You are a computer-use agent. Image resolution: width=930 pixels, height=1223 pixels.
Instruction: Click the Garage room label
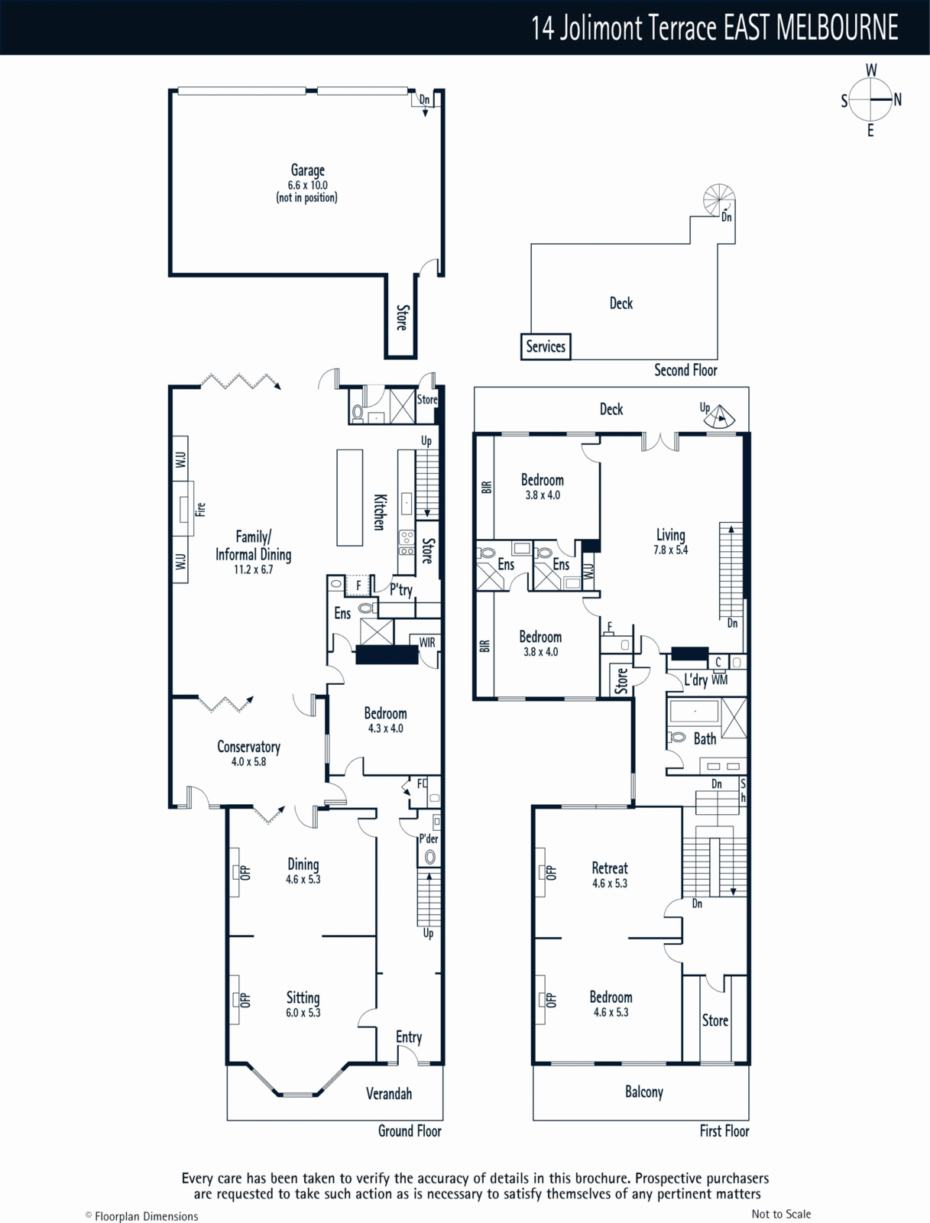tap(307, 170)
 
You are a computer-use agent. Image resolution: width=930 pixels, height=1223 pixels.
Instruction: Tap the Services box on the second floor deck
tap(546, 346)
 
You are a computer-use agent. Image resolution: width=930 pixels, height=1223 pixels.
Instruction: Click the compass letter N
tap(897, 99)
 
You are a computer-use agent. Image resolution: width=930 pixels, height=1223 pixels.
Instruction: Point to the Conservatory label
tap(248, 747)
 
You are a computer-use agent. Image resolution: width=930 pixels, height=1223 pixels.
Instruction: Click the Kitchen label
tap(380, 512)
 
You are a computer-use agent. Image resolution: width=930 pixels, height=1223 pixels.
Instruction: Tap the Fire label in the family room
tap(200, 509)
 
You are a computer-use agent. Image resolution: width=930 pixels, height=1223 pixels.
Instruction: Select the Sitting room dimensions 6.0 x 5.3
tap(303, 1012)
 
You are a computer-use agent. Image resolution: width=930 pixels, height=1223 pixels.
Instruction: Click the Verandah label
tap(389, 1093)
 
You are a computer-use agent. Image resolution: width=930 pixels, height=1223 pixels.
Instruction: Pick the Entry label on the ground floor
tap(409, 1037)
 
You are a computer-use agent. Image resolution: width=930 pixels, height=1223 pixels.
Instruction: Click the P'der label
tap(428, 839)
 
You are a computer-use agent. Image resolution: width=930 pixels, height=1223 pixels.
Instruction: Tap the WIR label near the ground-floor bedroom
tap(427, 642)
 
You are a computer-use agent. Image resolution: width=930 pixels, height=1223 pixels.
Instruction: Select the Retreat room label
tap(610, 868)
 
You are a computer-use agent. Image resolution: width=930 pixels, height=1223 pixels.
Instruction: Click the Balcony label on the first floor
tap(643, 1092)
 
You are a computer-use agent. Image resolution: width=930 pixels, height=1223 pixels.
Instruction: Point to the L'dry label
tap(695, 680)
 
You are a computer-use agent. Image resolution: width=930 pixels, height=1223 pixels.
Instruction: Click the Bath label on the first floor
tap(705, 739)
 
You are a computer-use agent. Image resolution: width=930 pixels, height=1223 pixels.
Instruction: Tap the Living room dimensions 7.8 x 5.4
tap(670, 550)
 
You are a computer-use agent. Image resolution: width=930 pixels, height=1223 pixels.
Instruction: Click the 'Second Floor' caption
tap(685, 370)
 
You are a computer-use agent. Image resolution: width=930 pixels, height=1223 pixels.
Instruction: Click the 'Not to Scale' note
tap(781, 1214)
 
